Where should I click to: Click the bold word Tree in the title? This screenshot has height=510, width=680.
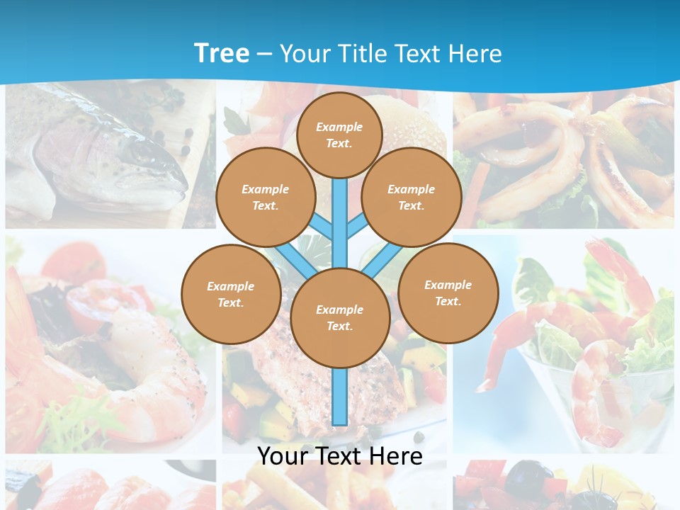222,53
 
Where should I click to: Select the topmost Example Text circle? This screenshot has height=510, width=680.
339,135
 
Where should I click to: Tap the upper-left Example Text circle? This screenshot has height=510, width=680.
266,197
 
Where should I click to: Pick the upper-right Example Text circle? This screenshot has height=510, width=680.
411,197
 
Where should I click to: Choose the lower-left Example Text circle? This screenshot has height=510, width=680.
230,294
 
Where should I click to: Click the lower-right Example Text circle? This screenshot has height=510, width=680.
448,293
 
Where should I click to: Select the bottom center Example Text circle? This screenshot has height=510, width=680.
339,317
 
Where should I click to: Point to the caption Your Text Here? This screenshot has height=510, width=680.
339,456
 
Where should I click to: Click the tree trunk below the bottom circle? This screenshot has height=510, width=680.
340,397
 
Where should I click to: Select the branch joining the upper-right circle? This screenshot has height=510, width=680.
358,227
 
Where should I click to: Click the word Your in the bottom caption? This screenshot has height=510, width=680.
281,456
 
